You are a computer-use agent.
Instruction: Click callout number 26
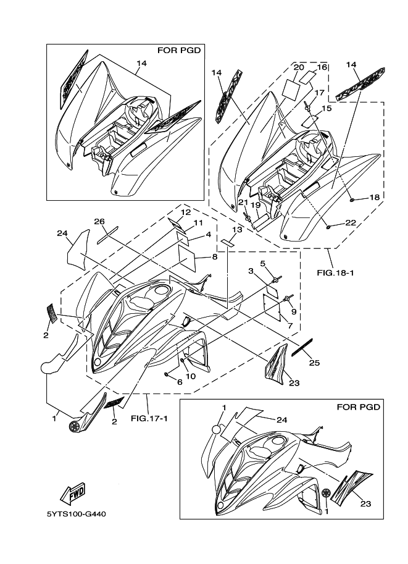(x=99, y=221)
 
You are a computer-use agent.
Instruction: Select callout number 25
(x=314, y=363)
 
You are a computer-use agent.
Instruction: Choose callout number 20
(x=299, y=67)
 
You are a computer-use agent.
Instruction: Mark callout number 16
(x=322, y=67)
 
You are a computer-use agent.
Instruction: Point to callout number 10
(x=191, y=376)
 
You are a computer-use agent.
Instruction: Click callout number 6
(x=180, y=382)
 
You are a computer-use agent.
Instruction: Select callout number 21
(x=243, y=203)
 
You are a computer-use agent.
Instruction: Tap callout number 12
(x=185, y=212)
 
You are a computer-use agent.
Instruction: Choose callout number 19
(x=255, y=206)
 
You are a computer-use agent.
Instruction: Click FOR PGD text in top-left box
(x=183, y=51)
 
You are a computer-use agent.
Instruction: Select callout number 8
(x=214, y=256)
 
